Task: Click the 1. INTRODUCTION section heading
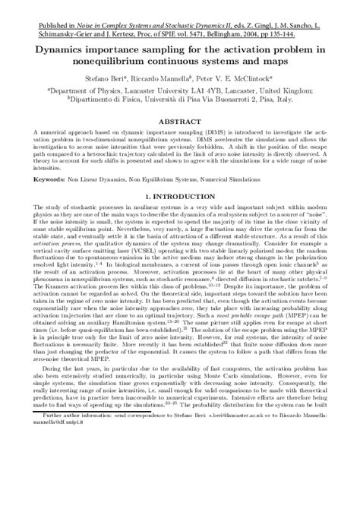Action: [x=181, y=197]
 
